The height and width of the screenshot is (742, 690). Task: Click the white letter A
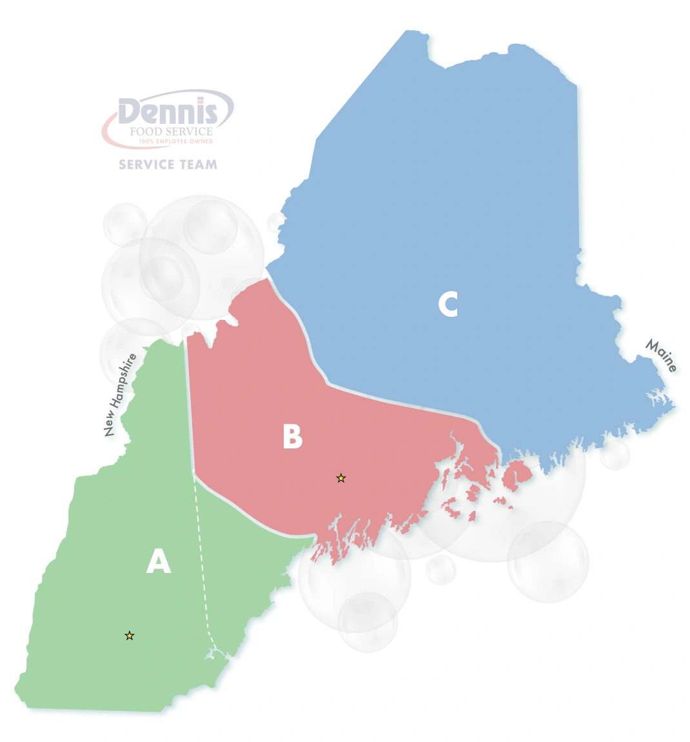tap(159, 561)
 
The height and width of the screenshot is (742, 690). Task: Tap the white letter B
tap(292, 437)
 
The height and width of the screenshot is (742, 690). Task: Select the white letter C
tap(448, 304)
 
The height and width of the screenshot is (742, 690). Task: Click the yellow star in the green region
tap(130, 636)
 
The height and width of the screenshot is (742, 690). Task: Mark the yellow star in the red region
tap(341, 478)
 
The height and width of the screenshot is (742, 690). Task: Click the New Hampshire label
tap(121, 395)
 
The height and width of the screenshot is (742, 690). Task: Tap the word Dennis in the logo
tap(168, 112)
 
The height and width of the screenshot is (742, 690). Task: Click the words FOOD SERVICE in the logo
tap(171, 132)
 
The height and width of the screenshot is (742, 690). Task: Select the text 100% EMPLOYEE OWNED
tap(176, 141)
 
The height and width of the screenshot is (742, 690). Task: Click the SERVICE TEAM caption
tap(168, 165)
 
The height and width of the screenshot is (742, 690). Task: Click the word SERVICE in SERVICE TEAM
tap(146, 165)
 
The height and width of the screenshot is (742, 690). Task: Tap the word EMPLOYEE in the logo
tap(174, 141)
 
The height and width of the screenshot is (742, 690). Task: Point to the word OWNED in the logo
tap(201, 141)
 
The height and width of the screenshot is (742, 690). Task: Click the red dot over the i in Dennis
tap(202, 101)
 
